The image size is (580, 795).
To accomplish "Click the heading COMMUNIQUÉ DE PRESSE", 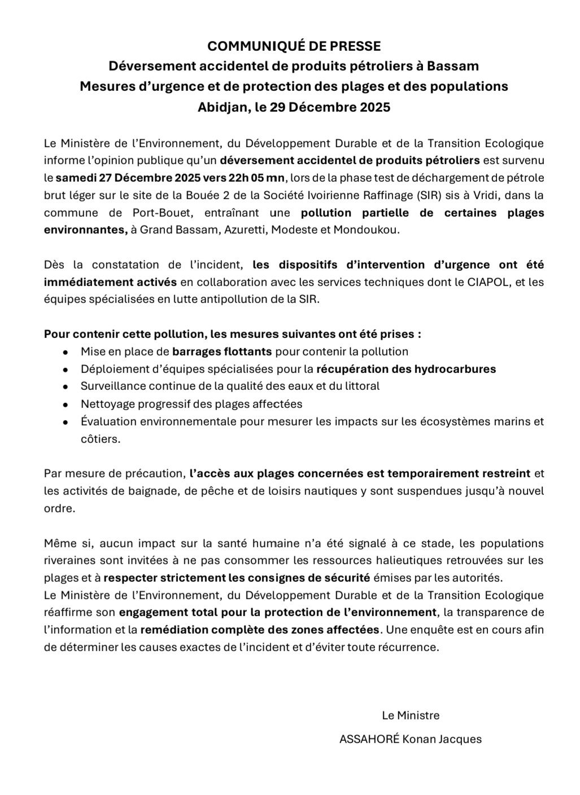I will coord(294,46).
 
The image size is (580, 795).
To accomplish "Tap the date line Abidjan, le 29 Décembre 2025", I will coord(294,107).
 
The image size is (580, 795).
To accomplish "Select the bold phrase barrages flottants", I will coord(222,352).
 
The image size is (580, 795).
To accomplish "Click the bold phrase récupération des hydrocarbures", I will coord(406,369).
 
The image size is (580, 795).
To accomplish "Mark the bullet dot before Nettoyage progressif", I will coord(66,405).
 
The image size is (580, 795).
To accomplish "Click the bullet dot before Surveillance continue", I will coord(66,387).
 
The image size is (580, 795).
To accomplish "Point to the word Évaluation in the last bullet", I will coord(108,421).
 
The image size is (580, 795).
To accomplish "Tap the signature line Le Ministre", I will coord(411,715).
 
